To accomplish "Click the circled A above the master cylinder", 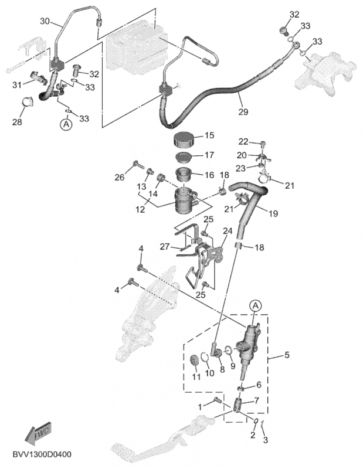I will pyautogui.click(x=255, y=305).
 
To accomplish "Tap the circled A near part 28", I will pyautogui.click(x=66, y=124).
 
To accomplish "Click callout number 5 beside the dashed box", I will pyautogui.click(x=287, y=355).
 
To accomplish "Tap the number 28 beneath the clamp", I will pyautogui.click(x=18, y=122).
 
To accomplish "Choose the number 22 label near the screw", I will pyautogui.click(x=244, y=142).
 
